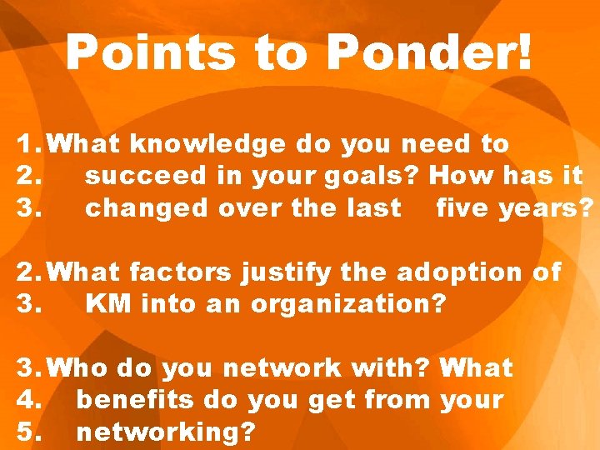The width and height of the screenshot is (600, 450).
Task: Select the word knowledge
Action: [208, 144]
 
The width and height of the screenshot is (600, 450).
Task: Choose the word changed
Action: [147, 208]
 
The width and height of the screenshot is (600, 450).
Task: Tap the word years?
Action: [547, 208]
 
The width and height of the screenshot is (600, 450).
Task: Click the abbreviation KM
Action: [109, 304]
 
